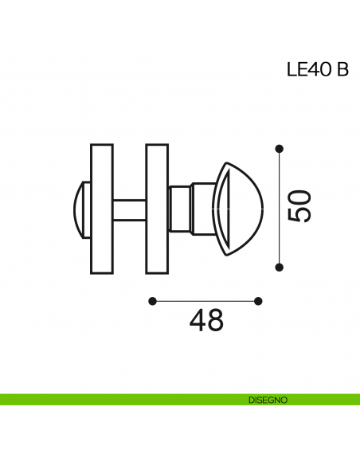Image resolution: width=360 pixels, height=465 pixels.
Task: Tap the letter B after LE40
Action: [342, 70]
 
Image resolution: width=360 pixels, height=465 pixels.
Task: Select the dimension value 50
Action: [299, 206]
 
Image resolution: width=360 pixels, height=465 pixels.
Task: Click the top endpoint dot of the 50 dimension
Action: [279, 148]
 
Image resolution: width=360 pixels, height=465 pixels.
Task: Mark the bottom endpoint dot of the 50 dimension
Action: [279, 266]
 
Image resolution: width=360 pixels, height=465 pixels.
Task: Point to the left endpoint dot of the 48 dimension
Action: [152, 301]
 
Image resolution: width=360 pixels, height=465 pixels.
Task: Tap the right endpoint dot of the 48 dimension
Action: [258, 301]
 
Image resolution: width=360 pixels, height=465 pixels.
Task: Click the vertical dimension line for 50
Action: [279, 207]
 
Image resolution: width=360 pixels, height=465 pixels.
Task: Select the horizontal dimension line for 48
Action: [205, 301]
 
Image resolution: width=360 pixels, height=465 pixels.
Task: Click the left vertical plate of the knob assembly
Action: [102, 209]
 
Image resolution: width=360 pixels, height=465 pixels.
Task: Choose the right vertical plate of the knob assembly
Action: [157, 209]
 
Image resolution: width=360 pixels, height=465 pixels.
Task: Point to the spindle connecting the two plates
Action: [129, 209]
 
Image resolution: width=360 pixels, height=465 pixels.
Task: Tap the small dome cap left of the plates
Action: [82, 209]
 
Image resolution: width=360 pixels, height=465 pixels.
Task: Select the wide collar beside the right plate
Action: [180, 209]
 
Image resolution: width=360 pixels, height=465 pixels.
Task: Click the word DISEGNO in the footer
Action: [262, 399]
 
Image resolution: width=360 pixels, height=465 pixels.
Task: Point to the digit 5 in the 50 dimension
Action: [299, 214]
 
